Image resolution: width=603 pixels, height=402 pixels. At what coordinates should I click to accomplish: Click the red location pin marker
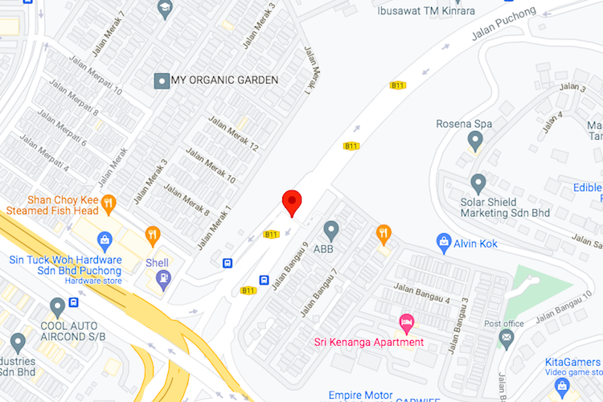point(291,203)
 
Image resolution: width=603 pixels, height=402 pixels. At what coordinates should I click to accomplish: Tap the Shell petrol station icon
point(164,278)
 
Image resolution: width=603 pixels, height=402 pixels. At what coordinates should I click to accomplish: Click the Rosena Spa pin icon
point(474,141)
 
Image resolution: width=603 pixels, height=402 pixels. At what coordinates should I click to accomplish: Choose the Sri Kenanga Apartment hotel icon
point(407,324)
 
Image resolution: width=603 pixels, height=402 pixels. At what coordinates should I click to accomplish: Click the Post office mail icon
point(506,338)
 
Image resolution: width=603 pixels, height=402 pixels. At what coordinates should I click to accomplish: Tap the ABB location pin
point(331,230)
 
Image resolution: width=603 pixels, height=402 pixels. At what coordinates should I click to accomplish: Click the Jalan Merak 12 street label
point(233,134)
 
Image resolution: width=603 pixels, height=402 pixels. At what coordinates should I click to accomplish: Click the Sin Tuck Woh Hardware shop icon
point(105,240)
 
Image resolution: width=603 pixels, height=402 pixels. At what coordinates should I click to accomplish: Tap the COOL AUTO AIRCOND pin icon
point(56,306)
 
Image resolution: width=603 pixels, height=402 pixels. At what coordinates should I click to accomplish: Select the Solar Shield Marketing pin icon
point(478,183)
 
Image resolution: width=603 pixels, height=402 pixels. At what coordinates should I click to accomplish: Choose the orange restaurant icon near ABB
point(384,234)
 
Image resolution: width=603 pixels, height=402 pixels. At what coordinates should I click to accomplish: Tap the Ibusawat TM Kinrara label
point(427,10)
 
